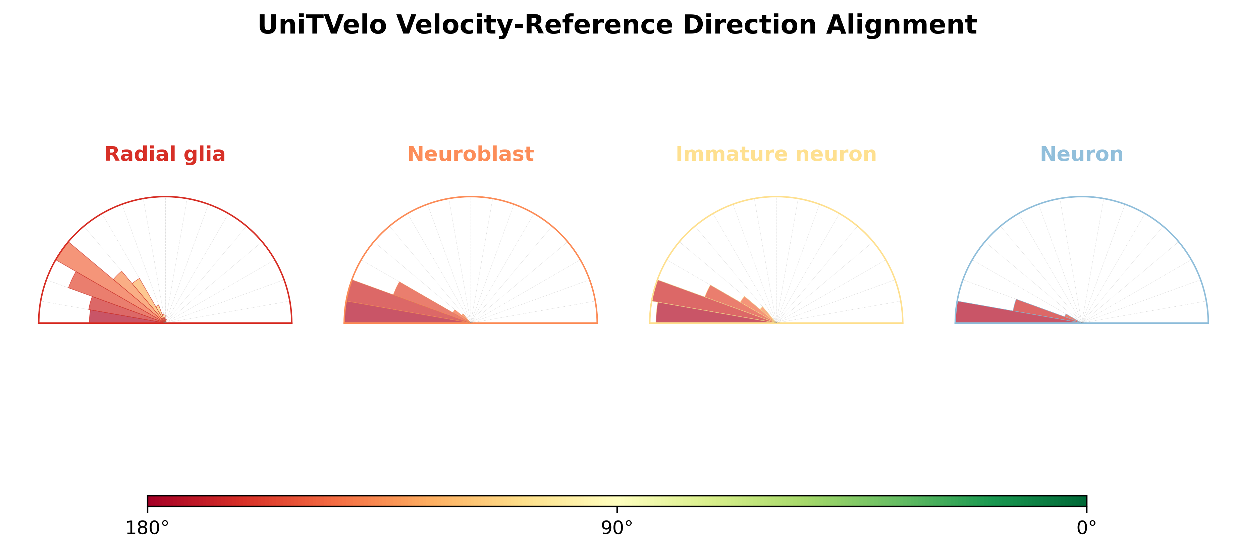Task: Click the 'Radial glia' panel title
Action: click(x=165, y=154)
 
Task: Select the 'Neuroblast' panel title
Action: click(x=470, y=154)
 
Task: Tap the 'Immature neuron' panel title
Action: click(x=776, y=154)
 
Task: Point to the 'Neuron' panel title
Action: click(x=1082, y=154)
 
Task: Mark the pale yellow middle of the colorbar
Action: click(x=617, y=501)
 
